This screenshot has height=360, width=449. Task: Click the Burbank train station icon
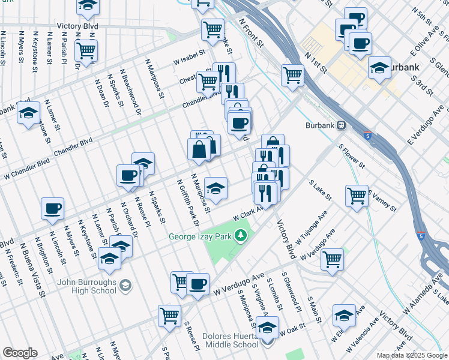pos(342,125)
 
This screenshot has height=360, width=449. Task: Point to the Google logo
pos(20,353)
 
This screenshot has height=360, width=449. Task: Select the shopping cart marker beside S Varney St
pos(357,196)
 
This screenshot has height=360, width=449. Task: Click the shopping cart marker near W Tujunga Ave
pos(332,259)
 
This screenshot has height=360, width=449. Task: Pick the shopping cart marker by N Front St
pos(292,75)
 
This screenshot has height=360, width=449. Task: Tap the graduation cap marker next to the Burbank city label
pos(380,67)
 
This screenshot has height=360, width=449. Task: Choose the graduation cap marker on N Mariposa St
pos(215,188)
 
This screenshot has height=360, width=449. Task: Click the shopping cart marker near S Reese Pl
pos(170,315)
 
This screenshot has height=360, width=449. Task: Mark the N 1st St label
pos(315,62)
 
